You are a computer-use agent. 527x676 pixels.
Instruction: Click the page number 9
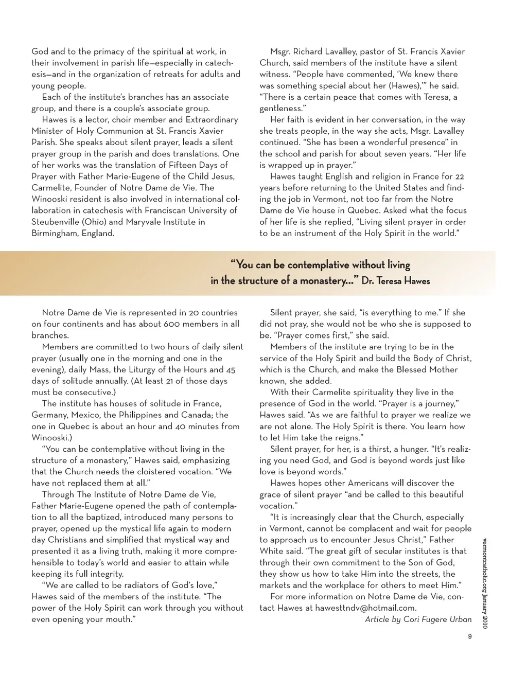click(469, 636)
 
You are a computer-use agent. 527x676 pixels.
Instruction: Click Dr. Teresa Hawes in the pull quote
click(396, 281)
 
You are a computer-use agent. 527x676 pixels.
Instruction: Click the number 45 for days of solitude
click(231, 369)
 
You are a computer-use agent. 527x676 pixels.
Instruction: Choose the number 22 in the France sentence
click(460, 176)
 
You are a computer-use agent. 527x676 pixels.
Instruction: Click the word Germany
click(49, 415)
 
